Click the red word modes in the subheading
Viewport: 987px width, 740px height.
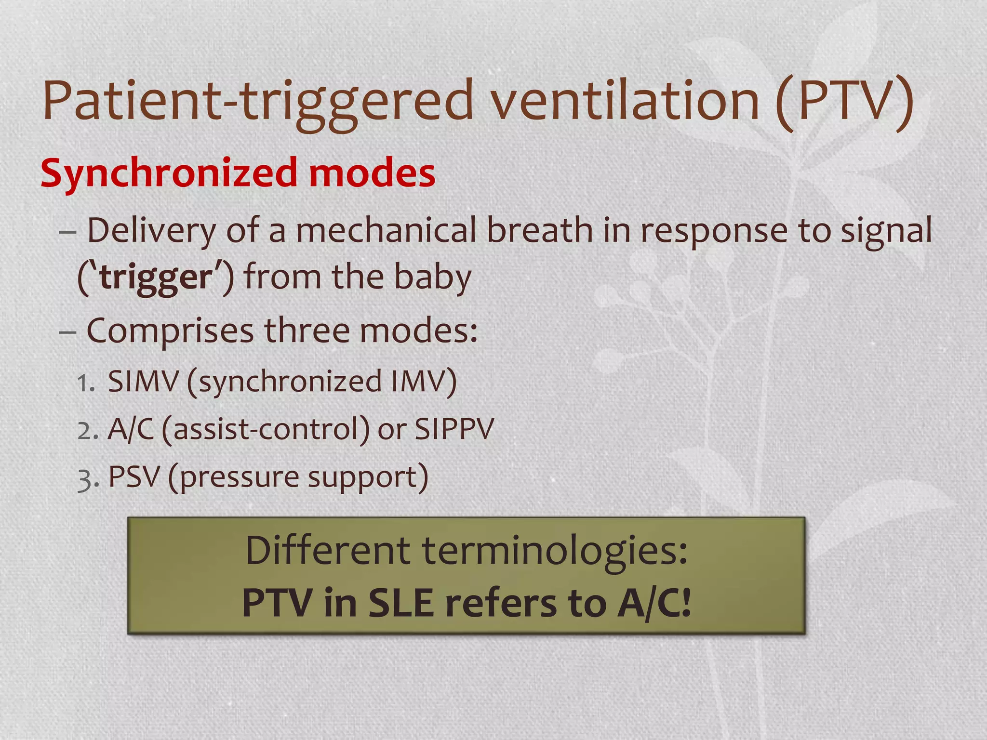pyautogui.click(x=372, y=173)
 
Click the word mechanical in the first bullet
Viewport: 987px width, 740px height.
pyautogui.click(x=386, y=230)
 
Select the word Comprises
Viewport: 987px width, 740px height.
pyautogui.click(x=170, y=331)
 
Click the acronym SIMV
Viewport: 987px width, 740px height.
pyautogui.click(x=143, y=382)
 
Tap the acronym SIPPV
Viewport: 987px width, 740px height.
pyautogui.click(x=454, y=429)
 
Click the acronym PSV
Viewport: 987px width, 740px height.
pyautogui.click(x=133, y=477)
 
